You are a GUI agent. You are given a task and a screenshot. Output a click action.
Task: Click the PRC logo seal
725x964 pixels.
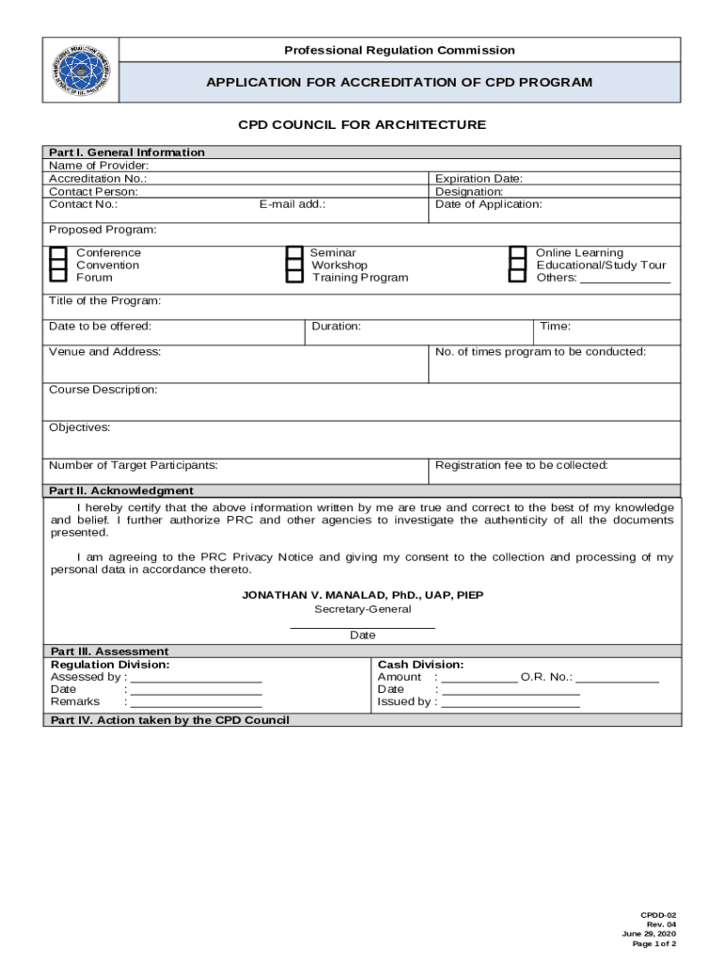click(82, 71)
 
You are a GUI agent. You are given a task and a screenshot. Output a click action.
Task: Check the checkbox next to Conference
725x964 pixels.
click(57, 253)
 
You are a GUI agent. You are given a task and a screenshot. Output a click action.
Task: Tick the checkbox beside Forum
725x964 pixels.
click(57, 277)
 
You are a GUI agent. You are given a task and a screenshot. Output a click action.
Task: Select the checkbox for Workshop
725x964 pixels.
click(294, 265)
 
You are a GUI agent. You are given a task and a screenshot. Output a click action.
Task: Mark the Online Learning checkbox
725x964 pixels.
click(517, 253)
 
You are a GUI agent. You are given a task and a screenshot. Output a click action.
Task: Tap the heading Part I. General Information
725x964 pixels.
click(127, 153)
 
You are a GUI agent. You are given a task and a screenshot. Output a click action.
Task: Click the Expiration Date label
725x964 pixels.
click(478, 179)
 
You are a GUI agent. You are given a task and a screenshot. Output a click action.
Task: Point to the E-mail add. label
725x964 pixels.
click(293, 204)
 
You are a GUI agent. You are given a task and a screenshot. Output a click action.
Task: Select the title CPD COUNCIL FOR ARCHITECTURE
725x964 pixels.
click(362, 125)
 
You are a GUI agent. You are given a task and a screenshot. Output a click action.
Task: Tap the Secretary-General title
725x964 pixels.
click(362, 609)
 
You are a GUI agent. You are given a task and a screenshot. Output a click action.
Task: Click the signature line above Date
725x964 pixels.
click(362, 626)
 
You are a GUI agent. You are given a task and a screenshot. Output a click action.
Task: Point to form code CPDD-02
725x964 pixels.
click(658, 915)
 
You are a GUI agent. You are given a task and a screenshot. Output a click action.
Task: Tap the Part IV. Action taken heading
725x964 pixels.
click(169, 720)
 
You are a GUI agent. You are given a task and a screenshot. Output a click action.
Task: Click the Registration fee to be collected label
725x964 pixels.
click(522, 465)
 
